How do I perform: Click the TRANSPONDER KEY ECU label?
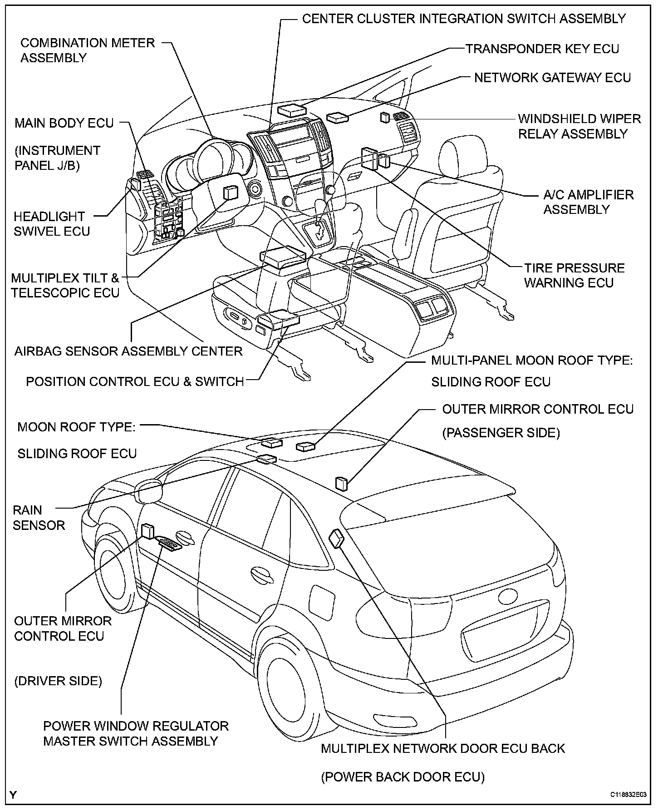542,49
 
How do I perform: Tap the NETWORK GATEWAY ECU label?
552,78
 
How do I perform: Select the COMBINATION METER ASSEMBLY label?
88,50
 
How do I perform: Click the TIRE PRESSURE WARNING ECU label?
575,275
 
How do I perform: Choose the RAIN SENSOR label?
39,518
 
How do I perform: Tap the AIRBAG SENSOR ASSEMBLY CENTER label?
128,351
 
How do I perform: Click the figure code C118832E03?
629,795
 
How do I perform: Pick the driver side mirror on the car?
148,491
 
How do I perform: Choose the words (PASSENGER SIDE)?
501,433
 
